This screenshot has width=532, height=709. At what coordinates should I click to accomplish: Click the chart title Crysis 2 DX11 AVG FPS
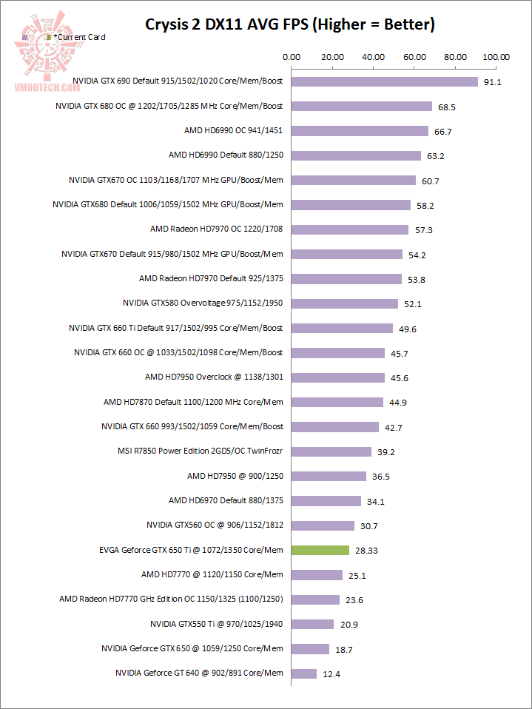[x=289, y=24]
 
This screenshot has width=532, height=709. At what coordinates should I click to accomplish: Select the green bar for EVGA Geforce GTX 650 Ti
[x=320, y=550]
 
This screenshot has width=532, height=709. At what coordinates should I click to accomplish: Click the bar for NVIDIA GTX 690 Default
[x=385, y=81]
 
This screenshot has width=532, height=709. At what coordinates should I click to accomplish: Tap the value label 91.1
[x=492, y=82]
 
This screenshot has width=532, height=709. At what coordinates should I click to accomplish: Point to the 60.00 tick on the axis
[x=414, y=56]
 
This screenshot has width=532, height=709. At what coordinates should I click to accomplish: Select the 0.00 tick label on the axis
[x=292, y=56]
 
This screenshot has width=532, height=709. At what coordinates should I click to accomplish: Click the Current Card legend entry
[x=78, y=37]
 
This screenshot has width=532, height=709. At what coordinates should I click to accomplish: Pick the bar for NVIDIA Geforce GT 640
[x=304, y=673]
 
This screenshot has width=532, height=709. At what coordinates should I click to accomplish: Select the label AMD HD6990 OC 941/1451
[x=233, y=131]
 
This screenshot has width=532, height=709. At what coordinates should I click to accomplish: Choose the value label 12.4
[x=331, y=674]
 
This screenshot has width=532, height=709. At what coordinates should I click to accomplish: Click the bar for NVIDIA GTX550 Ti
[x=313, y=624]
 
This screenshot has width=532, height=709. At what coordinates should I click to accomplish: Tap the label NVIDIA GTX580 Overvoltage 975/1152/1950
[x=203, y=303]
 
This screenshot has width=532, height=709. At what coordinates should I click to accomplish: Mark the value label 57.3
[x=423, y=230]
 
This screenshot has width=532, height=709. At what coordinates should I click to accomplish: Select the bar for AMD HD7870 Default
[x=337, y=402]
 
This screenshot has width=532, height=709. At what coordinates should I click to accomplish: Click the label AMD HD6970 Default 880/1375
[x=226, y=501]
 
